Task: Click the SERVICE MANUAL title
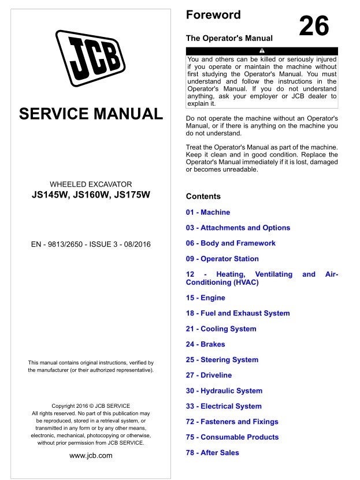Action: (x=91, y=113)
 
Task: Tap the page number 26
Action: (x=314, y=26)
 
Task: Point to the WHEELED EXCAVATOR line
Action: (x=91, y=183)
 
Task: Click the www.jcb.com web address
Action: (x=91, y=455)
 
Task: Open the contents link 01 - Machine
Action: (x=208, y=212)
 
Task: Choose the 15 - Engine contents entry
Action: (x=206, y=298)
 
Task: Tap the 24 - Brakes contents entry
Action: (x=206, y=344)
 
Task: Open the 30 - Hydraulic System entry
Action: (x=224, y=391)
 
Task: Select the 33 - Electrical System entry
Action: (x=224, y=406)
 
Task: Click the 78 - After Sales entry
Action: (x=213, y=453)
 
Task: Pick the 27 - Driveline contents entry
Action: (x=209, y=375)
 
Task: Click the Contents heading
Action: (x=203, y=196)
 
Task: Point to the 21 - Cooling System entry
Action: (x=221, y=329)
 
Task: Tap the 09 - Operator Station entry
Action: (x=222, y=259)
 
